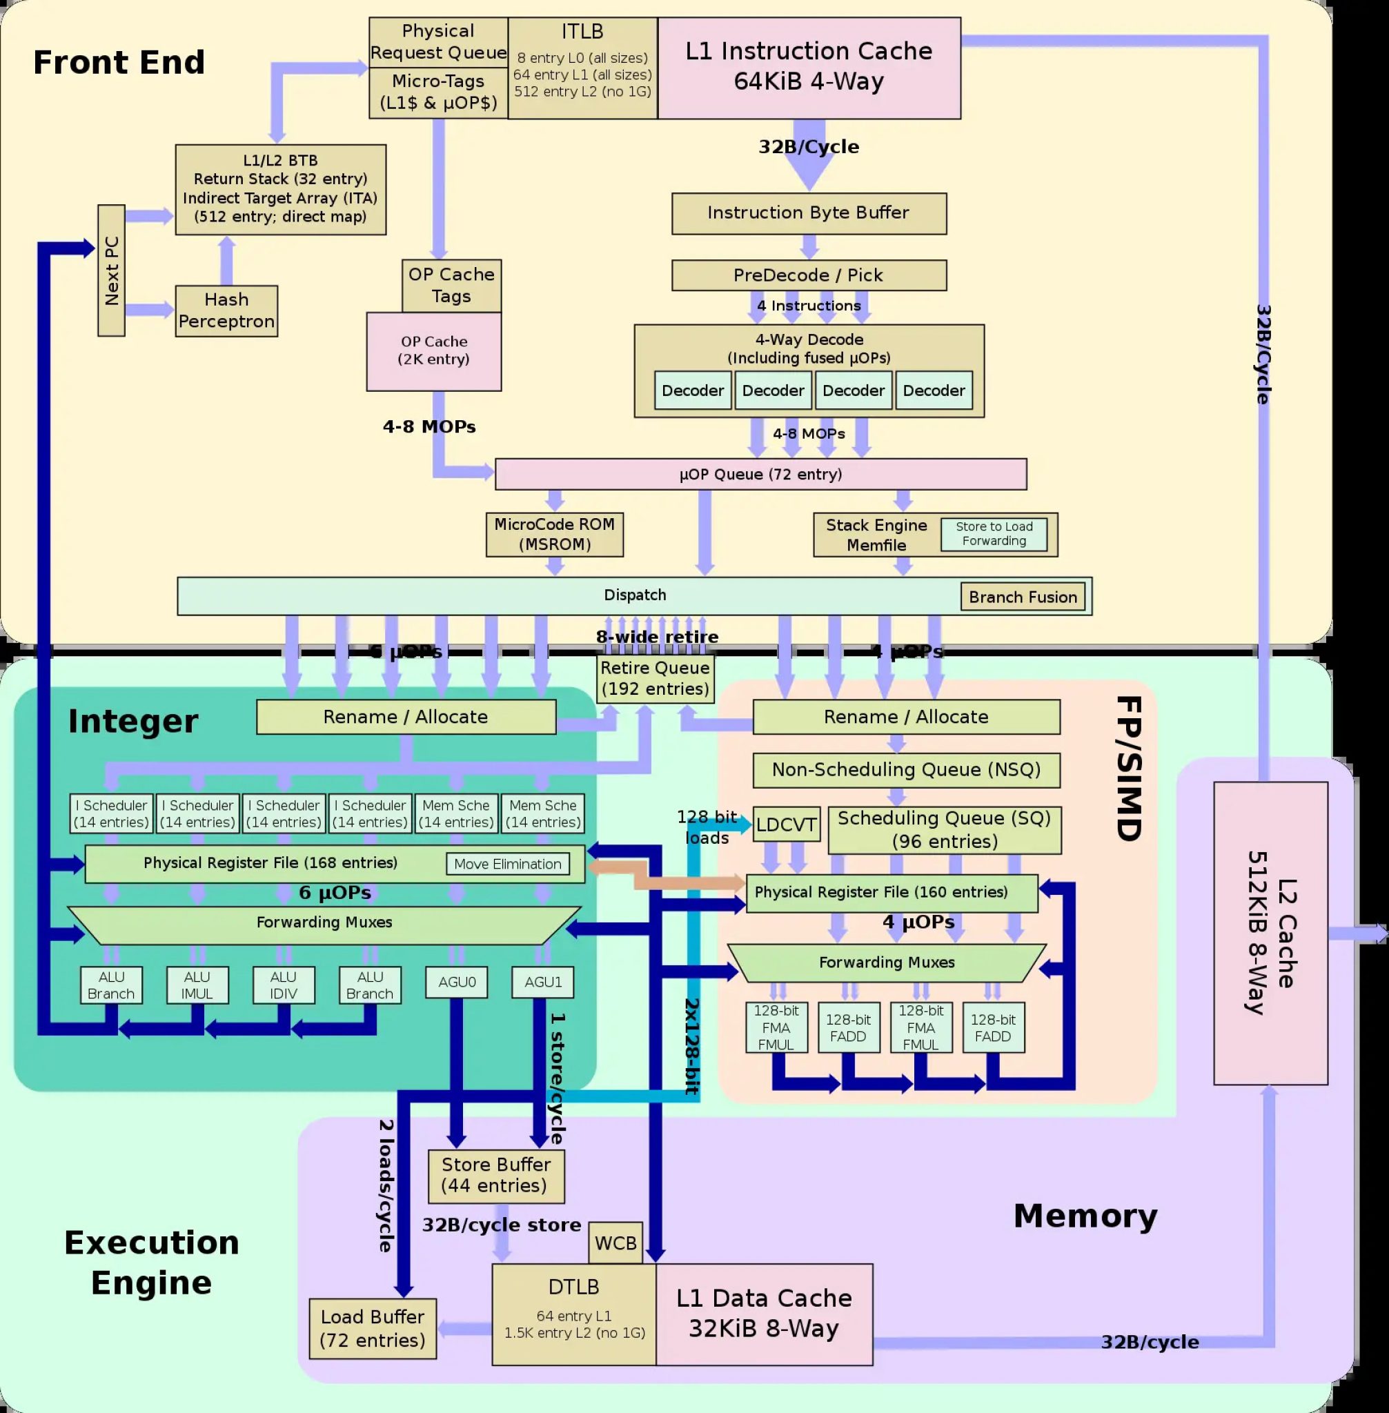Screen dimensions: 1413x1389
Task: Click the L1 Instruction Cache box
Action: [x=808, y=68]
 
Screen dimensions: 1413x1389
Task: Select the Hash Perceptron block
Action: [x=226, y=310]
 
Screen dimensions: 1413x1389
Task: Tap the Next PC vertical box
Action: [x=111, y=270]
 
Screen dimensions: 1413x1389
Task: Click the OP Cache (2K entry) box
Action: [x=433, y=352]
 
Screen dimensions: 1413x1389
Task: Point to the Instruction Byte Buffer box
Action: [x=808, y=213]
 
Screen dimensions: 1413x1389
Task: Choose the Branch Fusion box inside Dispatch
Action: [x=1022, y=597]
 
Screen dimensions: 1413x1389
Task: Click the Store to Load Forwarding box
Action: [x=994, y=534]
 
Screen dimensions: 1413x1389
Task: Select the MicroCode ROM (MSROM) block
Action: [x=555, y=535]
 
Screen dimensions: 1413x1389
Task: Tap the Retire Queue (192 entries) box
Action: [x=654, y=678]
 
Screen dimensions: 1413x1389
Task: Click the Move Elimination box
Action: [x=507, y=864]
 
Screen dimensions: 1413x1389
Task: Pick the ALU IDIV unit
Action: [x=283, y=985]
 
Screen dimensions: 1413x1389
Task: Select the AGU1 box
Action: [x=543, y=982]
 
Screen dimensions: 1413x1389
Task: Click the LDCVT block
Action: [x=786, y=824]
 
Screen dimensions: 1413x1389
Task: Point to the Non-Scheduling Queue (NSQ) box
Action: [x=905, y=769]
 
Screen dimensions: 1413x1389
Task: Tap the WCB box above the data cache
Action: [x=615, y=1243]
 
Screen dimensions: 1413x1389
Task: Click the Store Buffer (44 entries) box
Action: [x=495, y=1175]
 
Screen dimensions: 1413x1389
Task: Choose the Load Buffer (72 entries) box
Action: [x=372, y=1328]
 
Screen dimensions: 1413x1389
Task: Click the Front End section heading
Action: [x=119, y=62]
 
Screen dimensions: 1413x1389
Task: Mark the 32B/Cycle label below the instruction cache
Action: [x=808, y=147]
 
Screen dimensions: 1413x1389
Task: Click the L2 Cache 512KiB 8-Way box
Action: [x=1270, y=932]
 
